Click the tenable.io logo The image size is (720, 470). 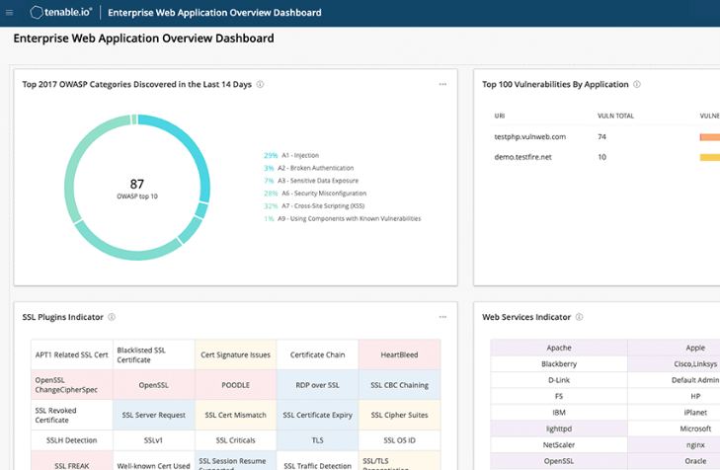coord(61,13)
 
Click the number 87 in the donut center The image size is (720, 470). coord(137,184)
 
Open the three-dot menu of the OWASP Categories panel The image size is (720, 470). coord(442,85)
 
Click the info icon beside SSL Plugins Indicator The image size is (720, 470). coord(112,317)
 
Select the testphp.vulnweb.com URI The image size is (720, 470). coord(529,136)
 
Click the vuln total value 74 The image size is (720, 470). coord(602,136)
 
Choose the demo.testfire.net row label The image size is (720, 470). coord(522,157)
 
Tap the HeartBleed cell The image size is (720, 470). coord(399,353)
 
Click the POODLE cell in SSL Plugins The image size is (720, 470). coord(235,385)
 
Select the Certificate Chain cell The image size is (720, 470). coord(317,353)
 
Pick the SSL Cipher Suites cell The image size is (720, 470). coord(399,416)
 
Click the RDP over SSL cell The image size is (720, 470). coord(317,385)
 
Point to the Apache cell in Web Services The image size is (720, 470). coord(559,348)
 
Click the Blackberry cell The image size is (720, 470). coord(559,363)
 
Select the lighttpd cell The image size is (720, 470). coord(559,429)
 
